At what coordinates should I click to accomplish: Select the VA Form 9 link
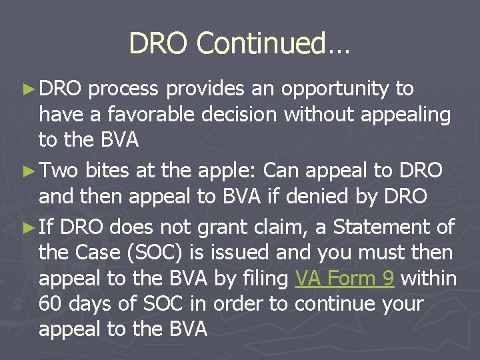click(x=344, y=279)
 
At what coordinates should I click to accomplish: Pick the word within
click(x=429, y=279)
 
